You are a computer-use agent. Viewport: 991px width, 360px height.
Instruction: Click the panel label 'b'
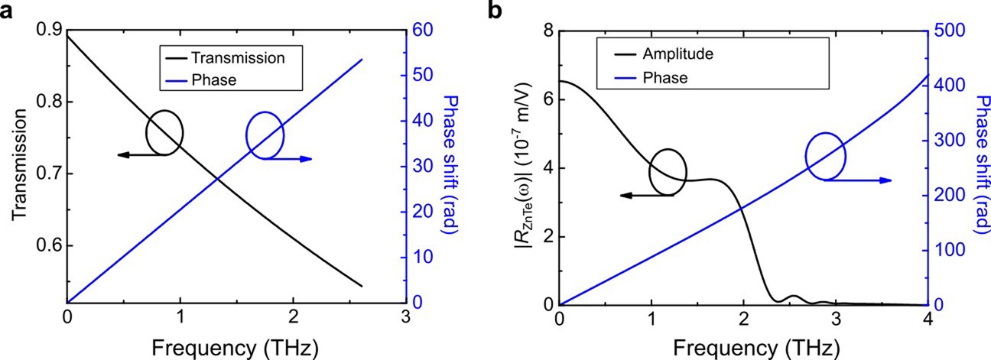coord(500,11)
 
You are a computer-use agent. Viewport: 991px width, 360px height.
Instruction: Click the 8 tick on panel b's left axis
coord(544,31)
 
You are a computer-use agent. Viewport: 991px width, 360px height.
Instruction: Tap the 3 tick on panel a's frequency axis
coord(406,317)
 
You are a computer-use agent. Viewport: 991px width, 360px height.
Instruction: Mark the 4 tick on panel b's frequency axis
coord(928,317)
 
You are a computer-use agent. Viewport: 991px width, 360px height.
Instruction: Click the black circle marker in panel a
coord(164,132)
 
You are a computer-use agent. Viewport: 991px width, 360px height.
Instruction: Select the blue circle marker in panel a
coord(265,135)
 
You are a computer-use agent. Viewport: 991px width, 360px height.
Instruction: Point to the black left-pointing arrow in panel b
coord(646,196)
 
